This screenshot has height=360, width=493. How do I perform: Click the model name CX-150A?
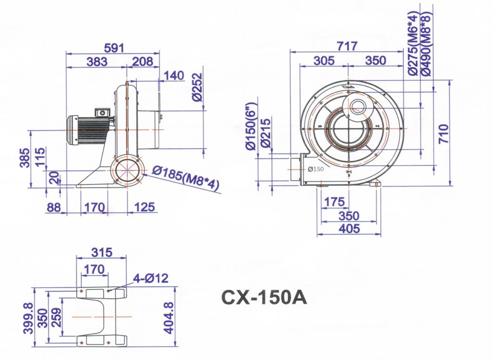coord(264,297)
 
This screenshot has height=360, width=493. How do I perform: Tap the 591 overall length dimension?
coord(114,48)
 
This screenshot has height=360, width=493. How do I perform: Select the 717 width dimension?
coord(347,46)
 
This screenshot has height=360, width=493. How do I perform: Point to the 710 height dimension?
coord(444,134)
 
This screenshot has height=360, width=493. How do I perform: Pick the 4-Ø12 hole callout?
coord(151,278)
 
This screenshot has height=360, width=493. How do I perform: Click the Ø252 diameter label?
coord(197,87)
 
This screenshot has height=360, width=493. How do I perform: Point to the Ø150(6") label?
coord(252,126)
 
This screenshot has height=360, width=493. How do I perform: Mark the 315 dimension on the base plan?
coord(102,252)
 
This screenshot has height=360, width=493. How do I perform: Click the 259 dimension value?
coord(57,317)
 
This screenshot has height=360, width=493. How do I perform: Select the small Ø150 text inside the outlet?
coord(316,169)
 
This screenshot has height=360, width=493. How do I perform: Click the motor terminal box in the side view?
coord(103,112)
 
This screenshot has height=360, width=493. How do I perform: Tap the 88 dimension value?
coord(54,207)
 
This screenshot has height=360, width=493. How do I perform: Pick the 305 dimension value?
coord(324,60)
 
